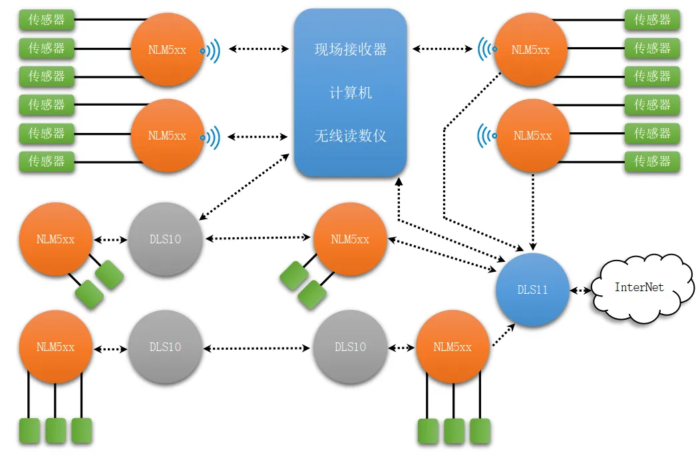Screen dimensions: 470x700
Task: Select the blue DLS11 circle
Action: [x=532, y=290]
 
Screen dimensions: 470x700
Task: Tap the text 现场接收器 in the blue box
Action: [x=350, y=49]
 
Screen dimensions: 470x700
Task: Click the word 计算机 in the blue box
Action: [x=350, y=92]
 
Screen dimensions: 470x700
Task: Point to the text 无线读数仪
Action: [x=350, y=136]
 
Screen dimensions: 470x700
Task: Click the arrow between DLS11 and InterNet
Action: [x=581, y=291]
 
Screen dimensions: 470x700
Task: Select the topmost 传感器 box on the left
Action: [x=47, y=20]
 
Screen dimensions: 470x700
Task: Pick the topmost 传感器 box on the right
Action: [x=652, y=20]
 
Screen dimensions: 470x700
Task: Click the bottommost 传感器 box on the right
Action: [x=652, y=161]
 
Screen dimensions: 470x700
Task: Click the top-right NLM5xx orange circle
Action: [x=531, y=49]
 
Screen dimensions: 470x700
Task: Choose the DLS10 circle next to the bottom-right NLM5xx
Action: [x=350, y=347]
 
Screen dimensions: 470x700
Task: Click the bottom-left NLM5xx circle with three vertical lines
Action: [x=55, y=347]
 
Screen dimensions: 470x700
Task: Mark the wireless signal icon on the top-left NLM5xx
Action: [x=211, y=50]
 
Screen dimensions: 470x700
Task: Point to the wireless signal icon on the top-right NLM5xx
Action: [x=487, y=49]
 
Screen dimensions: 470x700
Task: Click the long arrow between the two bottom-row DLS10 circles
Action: [x=257, y=348]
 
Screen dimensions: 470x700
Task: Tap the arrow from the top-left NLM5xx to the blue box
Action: [x=258, y=49]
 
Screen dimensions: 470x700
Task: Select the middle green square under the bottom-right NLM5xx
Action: [x=454, y=431]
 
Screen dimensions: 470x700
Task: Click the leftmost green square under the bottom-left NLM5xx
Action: [x=29, y=431]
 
